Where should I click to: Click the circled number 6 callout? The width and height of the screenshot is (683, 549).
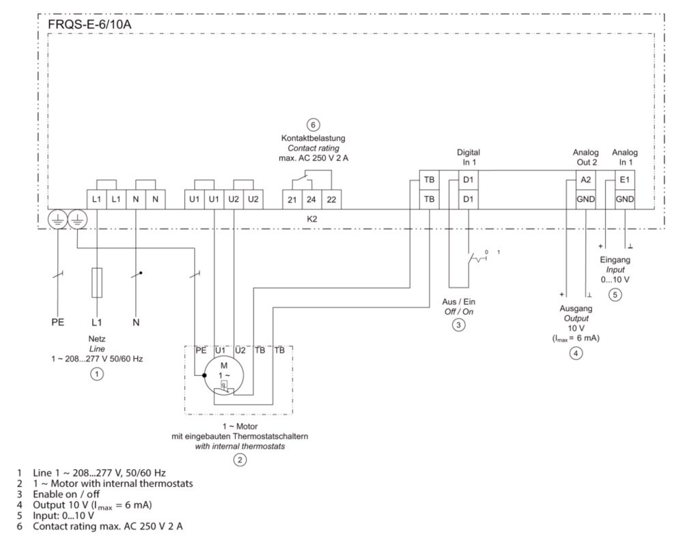click(x=313, y=125)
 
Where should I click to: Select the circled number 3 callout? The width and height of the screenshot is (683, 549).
click(x=459, y=325)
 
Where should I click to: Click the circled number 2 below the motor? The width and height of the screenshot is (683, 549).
click(x=239, y=460)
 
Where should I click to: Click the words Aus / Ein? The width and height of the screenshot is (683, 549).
click(x=459, y=300)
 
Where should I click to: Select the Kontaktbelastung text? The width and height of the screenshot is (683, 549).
click(x=313, y=138)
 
